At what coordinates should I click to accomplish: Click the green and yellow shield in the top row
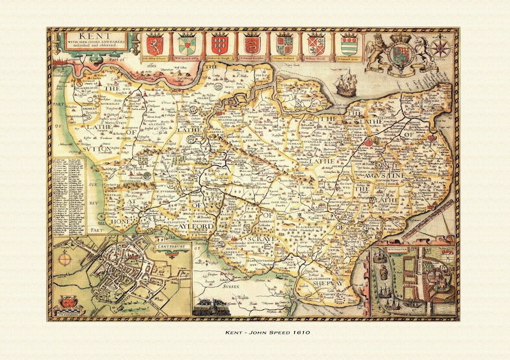click(x=188, y=45)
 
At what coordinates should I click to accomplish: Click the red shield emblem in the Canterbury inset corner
click(x=67, y=301)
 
